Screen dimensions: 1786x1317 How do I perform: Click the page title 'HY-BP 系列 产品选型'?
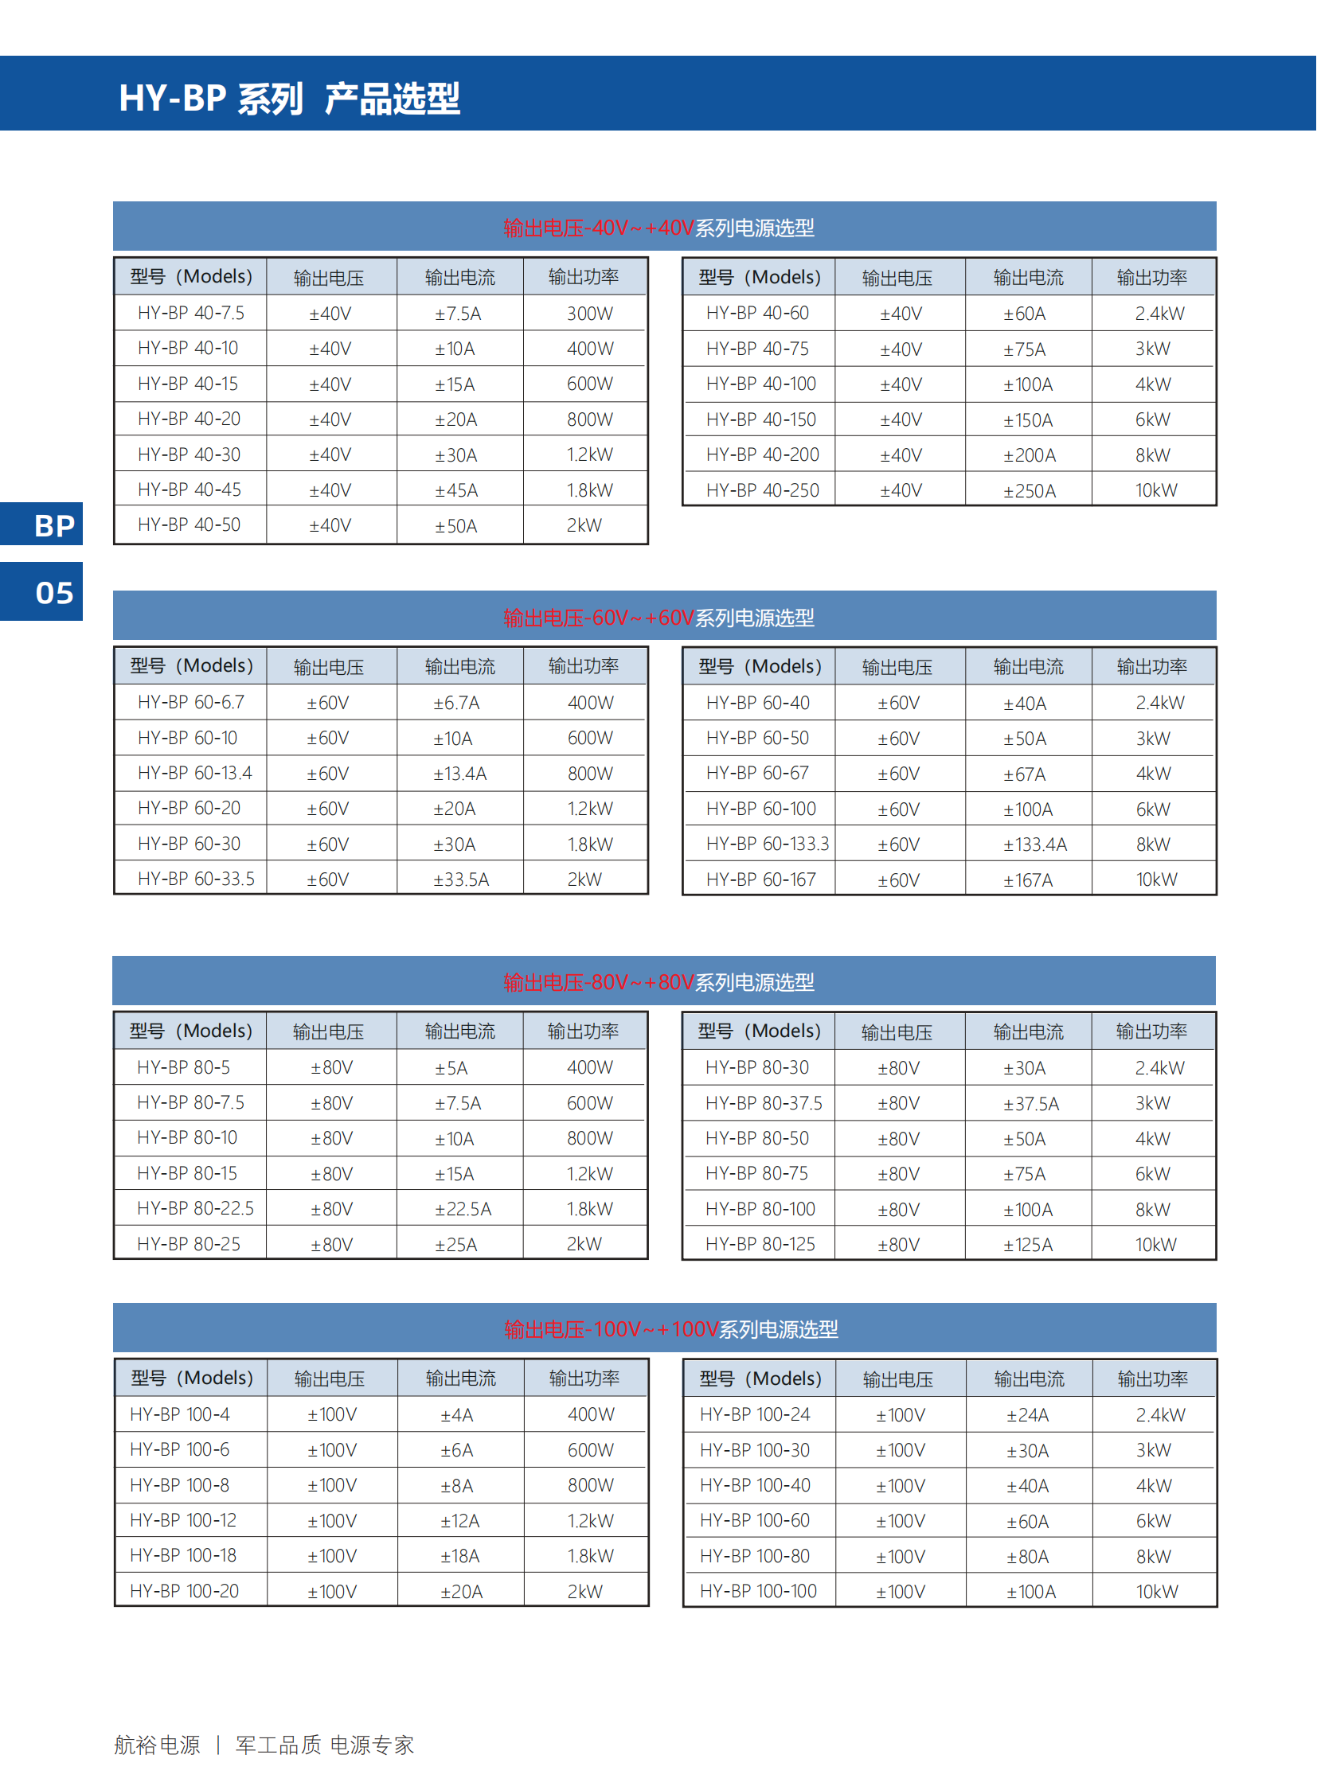pyautogui.click(x=289, y=99)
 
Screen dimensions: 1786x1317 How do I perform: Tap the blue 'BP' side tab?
pyautogui.click(x=53, y=526)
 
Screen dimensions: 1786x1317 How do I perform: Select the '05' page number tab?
pyautogui.click(x=53, y=593)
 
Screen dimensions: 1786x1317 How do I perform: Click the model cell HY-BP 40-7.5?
pyautogui.click(x=190, y=314)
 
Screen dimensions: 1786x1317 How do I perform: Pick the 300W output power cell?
pyautogui.click(x=589, y=314)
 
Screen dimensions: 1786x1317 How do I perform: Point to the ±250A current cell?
pyautogui.click(x=1029, y=491)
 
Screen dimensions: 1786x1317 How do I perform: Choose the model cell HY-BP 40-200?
pyautogui.click(x=762, y=455)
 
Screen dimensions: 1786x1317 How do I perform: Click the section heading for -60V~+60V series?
pyautogui.click(x=658, y=618)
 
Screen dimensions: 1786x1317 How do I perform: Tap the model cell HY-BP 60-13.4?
pyautogui.click(x=194, y=773)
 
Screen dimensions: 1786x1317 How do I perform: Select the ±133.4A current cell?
pyautogui.click(x=1034, y=844)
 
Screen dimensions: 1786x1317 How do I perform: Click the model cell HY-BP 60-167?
pyautogui.click(x=760, y=879)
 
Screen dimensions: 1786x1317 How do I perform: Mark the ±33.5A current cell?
pyautogui.click(x=461, y=879)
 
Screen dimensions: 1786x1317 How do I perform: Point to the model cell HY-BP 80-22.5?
pyautogui.click(x=195, y=1209)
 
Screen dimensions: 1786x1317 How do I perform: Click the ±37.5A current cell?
pyautogui.click(x=1031, y=1104)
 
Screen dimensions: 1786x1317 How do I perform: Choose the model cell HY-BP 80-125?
pyautogui.click(x=760, y=1245)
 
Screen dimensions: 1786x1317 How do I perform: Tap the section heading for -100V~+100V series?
pyautogui.click(x=670, y=1329)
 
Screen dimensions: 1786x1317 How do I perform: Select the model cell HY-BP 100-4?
pyautogui.click(x=179, y=1414)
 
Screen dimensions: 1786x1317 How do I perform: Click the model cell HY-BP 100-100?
pyautogui.click(x=758, y=1592)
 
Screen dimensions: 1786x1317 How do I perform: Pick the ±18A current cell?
pyautogui.click(x=459, y=1557)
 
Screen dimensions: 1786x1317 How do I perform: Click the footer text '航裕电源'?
pyautogui.click(x=157, y=1745)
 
